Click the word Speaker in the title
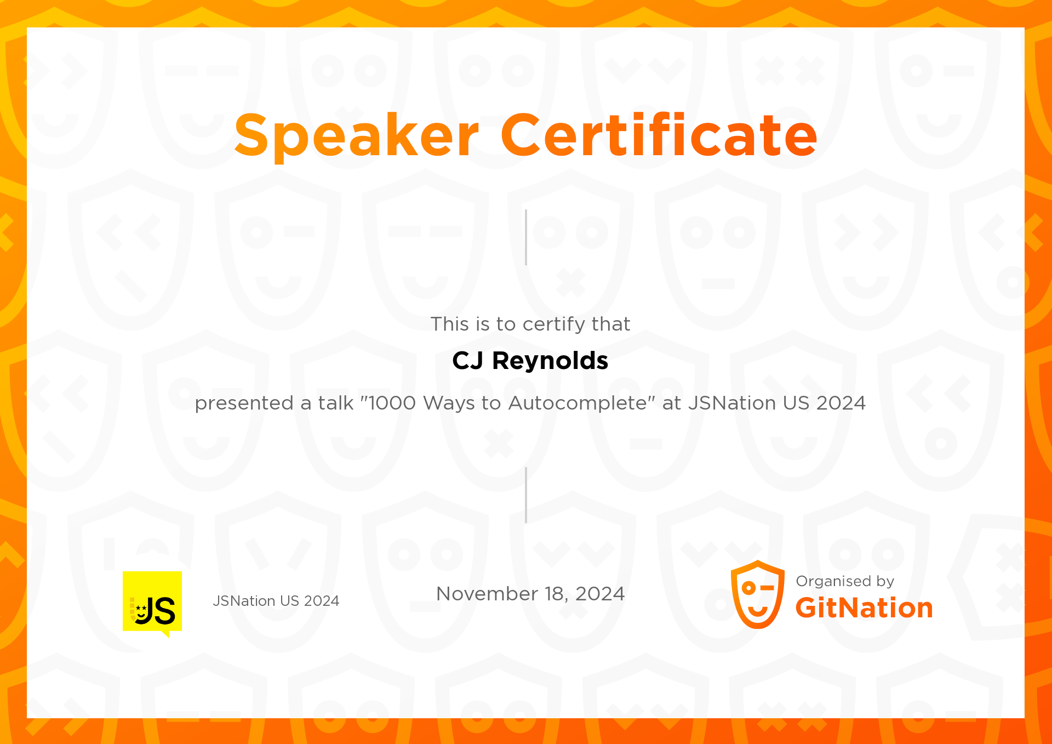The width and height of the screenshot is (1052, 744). pos(357,135)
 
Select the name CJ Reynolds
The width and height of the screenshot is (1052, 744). pos(530,361)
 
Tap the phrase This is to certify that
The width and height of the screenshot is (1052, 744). pos(530,324)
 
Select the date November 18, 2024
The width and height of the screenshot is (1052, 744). pos(530,594)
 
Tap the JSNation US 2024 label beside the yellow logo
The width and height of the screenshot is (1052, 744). pos(276,601)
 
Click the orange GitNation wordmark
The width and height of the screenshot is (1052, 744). pos(864,608)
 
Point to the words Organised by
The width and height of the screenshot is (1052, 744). pos(845,581)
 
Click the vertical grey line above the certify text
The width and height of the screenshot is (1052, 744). pos(526,237)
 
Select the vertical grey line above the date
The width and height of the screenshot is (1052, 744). pos(526,495)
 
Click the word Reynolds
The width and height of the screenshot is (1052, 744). pos(550,361)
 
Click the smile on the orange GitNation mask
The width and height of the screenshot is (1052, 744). pos(758,611)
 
